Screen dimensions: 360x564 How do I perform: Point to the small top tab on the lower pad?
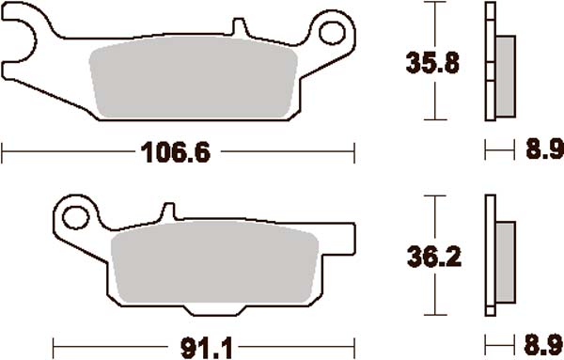coord(169,212)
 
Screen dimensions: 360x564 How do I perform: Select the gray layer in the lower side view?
coord(504,258)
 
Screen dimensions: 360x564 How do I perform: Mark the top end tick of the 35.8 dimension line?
coord(432,4)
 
